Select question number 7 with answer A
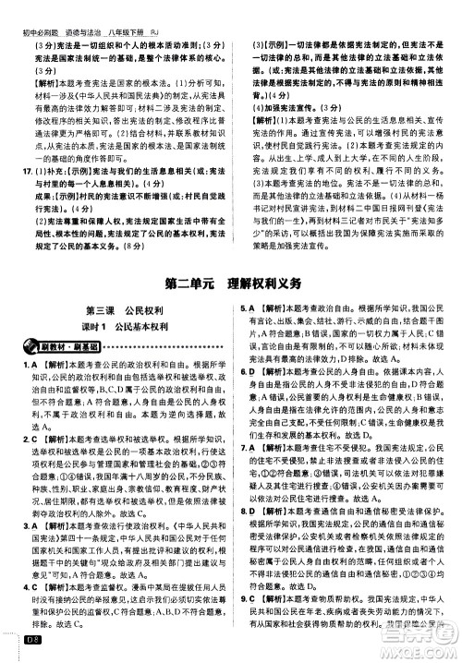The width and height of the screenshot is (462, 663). [243, 472]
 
